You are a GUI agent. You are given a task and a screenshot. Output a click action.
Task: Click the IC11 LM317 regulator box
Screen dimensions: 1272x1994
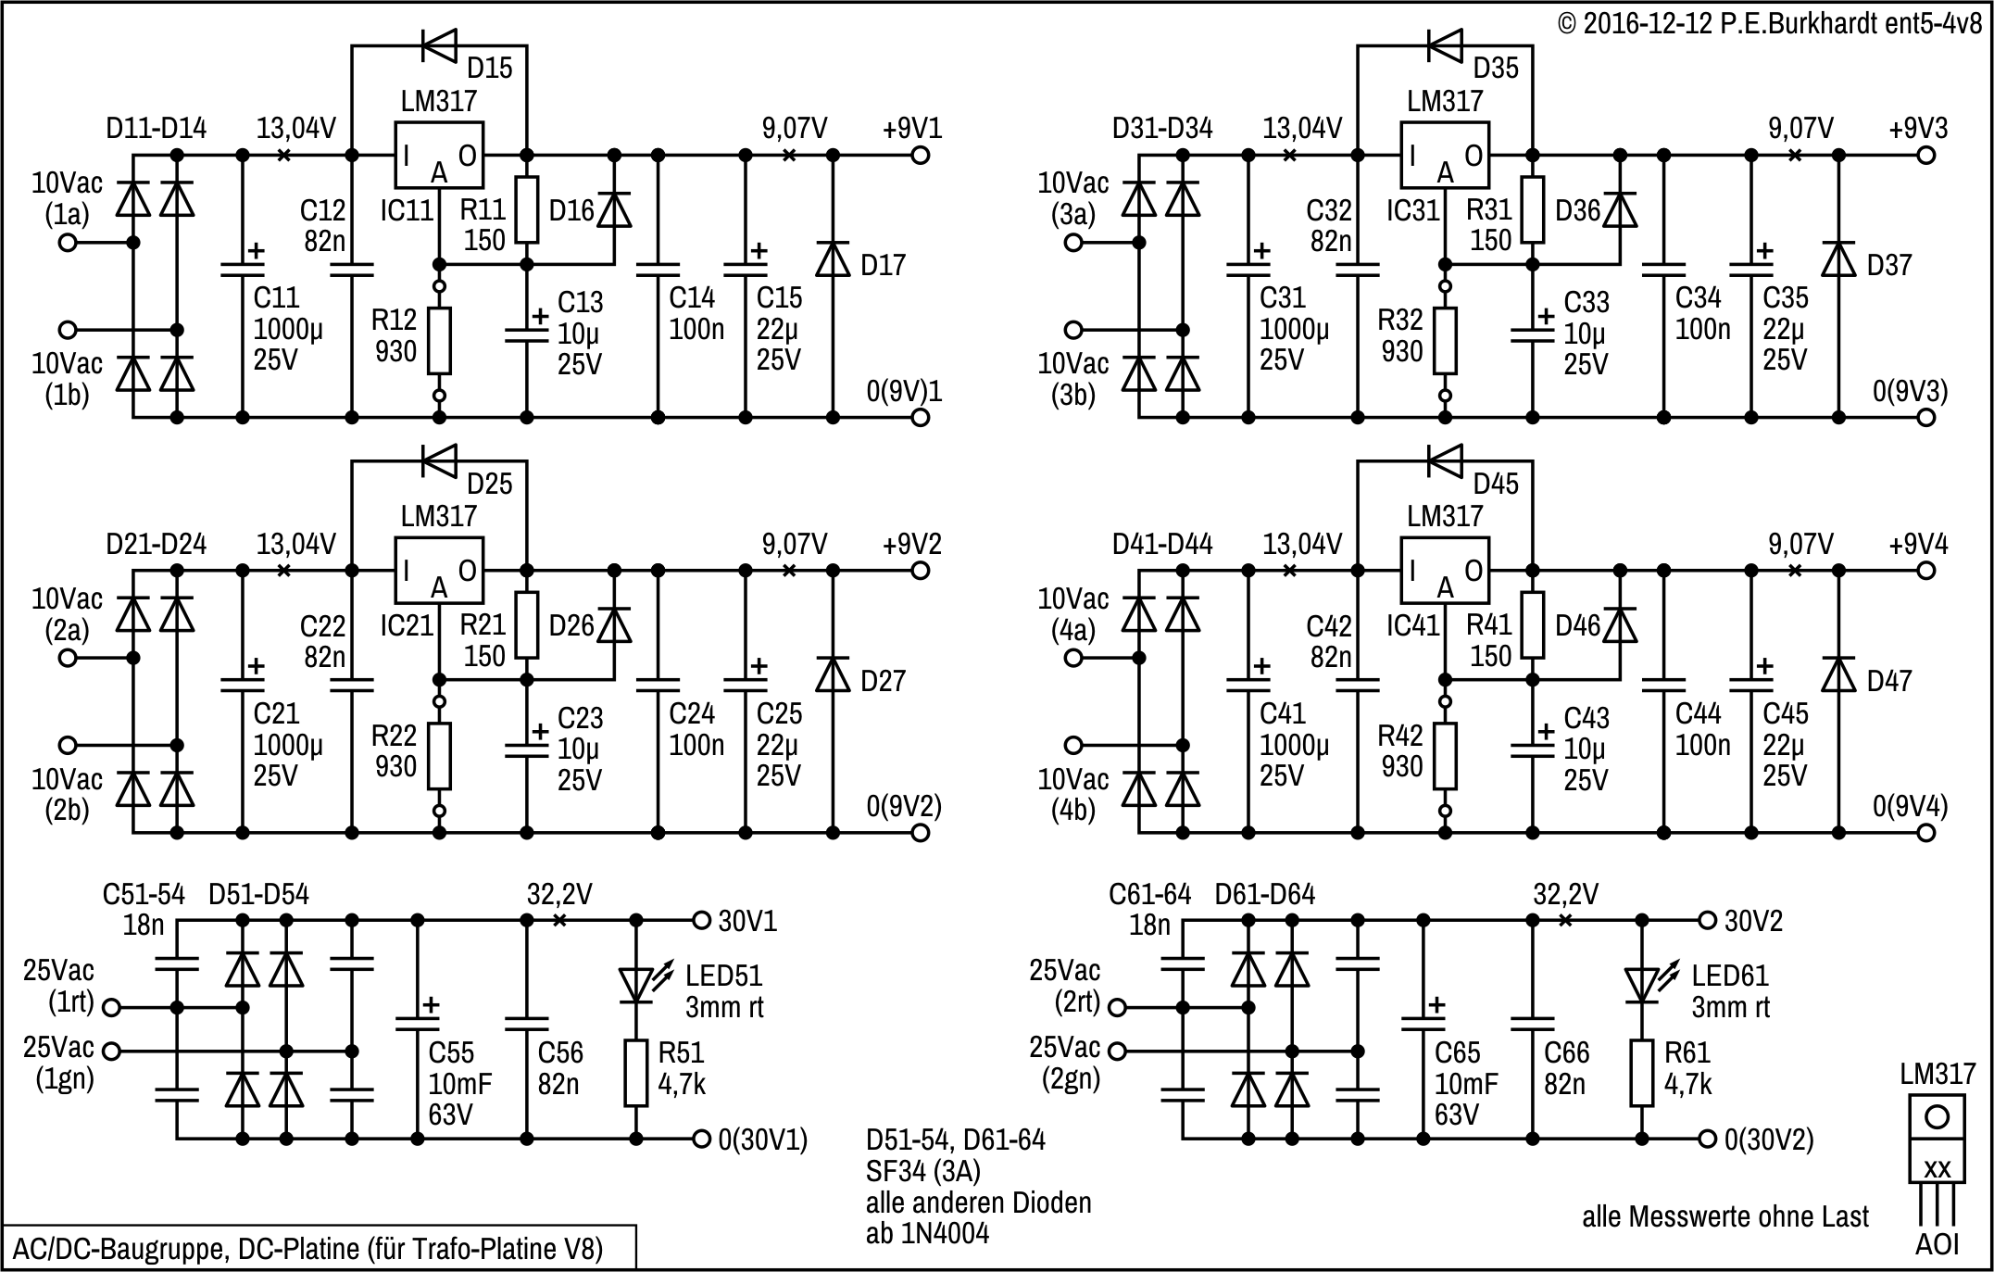coord(440,156)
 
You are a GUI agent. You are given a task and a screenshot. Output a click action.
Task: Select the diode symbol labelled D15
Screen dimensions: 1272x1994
coord(440,44)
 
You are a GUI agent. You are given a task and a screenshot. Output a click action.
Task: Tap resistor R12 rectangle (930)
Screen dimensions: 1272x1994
coord(440,341)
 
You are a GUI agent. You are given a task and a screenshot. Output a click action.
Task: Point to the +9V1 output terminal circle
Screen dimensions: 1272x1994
coord(920,156)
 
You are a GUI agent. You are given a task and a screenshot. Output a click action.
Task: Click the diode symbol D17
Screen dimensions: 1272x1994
coord(833,259)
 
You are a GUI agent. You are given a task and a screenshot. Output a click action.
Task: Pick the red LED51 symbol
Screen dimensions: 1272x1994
coord(636,984)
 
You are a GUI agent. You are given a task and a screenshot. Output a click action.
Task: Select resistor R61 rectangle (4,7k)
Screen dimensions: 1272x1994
coord(1642,1074)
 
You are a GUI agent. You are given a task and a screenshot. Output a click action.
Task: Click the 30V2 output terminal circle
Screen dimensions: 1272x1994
coord(1708,921)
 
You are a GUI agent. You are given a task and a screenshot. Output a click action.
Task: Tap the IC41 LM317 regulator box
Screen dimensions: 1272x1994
coord(1446,571)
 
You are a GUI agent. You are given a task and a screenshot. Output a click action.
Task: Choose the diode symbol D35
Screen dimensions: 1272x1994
coord(1446,44)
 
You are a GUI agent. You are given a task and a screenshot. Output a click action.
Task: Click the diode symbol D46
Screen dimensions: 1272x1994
coord(1620,626)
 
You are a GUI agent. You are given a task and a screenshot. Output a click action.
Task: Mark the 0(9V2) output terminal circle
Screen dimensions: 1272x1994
coord(920,833)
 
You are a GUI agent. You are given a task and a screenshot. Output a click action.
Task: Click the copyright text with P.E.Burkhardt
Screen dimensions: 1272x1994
coord(1769,22)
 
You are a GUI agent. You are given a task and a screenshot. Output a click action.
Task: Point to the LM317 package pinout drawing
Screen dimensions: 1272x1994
coord(1937,1158)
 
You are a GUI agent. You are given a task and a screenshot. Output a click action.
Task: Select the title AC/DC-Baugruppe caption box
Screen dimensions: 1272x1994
coord(320,1248)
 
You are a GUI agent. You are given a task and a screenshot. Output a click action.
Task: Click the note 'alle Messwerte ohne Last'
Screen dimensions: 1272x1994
coord(1724,1215)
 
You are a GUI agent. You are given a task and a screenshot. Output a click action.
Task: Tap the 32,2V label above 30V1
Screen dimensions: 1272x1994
coord(559,894)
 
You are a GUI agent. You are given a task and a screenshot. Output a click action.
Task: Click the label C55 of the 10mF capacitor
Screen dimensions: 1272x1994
coord(451,1052)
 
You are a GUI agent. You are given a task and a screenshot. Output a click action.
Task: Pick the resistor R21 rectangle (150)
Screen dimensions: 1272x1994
coord(527,625)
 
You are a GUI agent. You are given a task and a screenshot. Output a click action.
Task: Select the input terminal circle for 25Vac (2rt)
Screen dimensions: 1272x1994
coord(1118,1008)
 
